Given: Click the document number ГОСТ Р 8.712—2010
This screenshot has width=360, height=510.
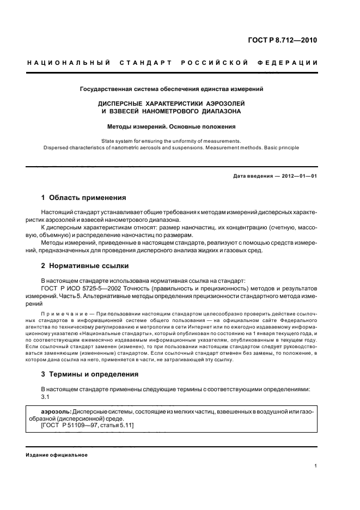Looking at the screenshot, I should [283, 40].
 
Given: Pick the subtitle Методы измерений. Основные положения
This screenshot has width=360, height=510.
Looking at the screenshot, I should [172, 126].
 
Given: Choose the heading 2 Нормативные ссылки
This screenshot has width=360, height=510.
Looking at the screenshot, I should [85, 266].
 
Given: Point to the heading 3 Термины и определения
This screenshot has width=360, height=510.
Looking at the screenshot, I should [89, 374].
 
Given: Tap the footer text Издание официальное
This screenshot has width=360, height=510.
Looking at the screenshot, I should [57, 455].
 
